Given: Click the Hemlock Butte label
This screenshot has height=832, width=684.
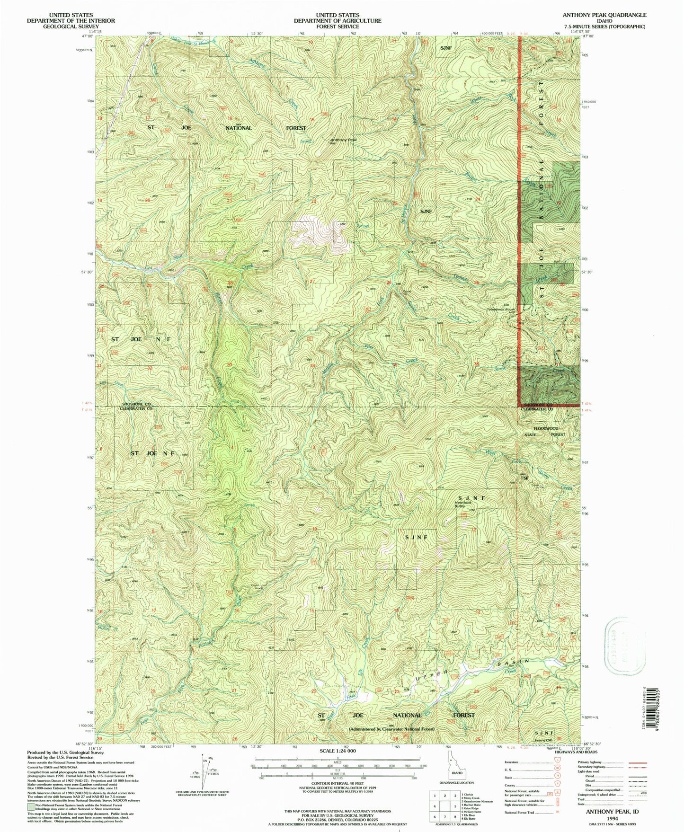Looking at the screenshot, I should [463, 504].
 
